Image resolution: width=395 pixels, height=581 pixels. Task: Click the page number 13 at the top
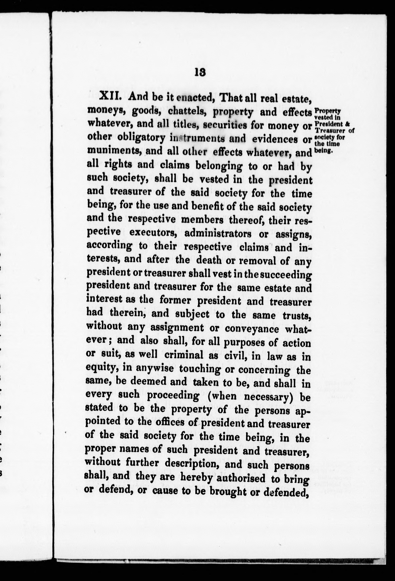(200, 72)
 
